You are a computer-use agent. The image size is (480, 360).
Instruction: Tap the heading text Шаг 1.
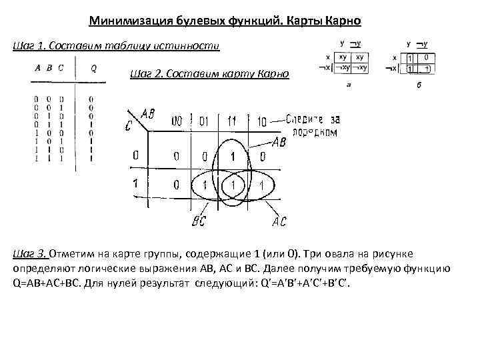(29, 46)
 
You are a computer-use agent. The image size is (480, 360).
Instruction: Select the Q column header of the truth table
(93, 67)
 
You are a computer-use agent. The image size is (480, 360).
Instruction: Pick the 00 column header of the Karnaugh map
(177, 122)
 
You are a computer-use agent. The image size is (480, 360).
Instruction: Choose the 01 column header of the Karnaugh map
(204, 122)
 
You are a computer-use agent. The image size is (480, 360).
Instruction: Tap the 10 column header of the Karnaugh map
(261, 122)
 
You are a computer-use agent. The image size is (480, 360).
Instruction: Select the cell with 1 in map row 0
(233, 157)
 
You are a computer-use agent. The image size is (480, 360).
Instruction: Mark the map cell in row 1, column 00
(177, 184)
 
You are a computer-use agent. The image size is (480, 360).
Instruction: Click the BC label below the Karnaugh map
(199, 221)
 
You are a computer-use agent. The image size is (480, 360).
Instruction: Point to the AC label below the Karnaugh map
(280, 221)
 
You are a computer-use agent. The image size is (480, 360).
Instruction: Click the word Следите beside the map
(306, 120)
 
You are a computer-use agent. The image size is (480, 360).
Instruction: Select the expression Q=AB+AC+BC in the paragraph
(44, 282)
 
